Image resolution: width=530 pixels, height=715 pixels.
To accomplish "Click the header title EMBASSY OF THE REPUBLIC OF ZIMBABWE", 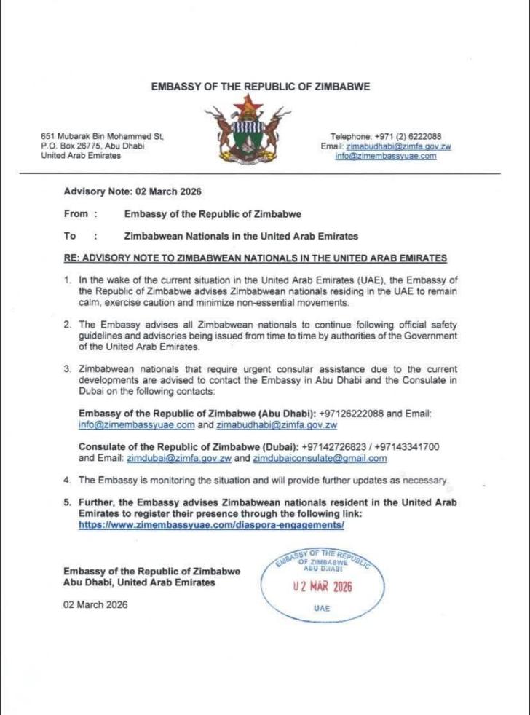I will click(261, 86).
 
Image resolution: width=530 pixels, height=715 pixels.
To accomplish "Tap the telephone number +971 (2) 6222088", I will click(407, 136).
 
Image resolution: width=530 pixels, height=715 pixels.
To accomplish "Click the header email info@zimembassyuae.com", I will click(386, 156).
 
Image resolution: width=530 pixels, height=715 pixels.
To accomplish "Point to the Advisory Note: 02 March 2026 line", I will click(132, 191).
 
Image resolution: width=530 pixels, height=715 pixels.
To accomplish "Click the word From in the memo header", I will click(76, 214).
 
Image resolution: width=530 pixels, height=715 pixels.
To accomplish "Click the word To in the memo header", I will click(70, 236).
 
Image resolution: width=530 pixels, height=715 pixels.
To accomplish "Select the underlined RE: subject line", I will click(256, 258).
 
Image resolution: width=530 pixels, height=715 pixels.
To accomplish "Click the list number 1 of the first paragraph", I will click(68, 280).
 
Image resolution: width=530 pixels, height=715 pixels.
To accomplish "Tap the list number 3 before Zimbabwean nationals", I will click(68, 369).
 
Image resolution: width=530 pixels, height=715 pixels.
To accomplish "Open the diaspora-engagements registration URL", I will click(211, 524).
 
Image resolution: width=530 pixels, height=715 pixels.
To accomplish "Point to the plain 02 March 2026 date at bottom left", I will click(95, 604).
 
